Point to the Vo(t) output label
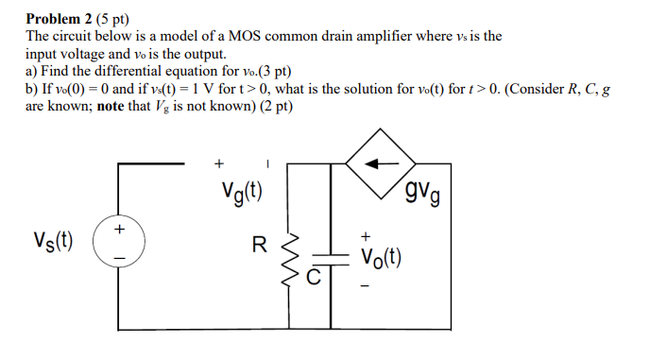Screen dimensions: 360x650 click(383, 257)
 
